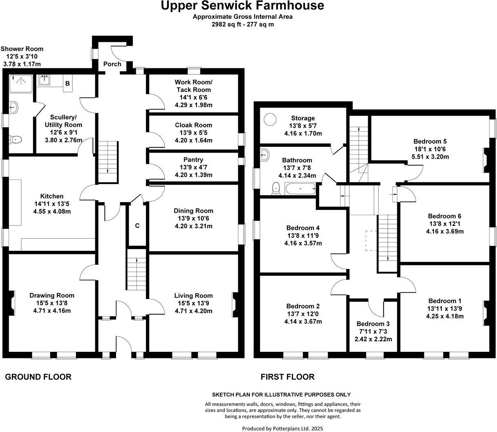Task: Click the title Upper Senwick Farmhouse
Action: click(242, 6)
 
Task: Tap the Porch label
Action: click(112, 64)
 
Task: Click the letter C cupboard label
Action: click(137, 225)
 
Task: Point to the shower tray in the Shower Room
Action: click(19, 83)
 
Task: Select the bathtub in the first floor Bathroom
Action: click(300, 189)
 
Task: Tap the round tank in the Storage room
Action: click(270, 119)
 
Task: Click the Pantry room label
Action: click(193, 160)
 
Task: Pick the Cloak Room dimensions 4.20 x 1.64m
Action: click(193, 140)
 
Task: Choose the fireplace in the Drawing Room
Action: click(12, 303)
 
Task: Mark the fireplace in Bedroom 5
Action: click(486, 160)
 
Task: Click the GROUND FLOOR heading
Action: click(38, 377)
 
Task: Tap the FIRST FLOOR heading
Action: click(288, 377)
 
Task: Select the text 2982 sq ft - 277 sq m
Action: click(242, 24)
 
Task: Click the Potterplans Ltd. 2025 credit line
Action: click(279, 428)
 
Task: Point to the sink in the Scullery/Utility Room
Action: click(44, 81)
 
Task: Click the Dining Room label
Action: click(193, 211)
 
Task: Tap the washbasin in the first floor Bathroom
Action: click(264, 154)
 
